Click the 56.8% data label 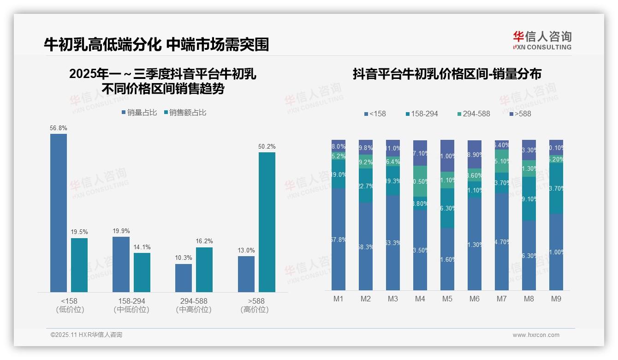[58, 128]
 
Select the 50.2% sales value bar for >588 [267, 222]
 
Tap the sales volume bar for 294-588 [184, 278]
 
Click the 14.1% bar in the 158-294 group [142, 272]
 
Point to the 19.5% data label [79, 232]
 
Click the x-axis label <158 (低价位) [70, 305]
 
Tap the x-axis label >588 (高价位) [254, 305]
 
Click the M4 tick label [420, 299]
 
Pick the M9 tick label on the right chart [556, 299]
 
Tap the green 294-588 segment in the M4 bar [420, 181]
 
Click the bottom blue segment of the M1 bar [339, 239]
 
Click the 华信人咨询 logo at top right [542, 41]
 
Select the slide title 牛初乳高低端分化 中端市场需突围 [156, 44]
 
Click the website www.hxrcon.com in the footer [535, 335]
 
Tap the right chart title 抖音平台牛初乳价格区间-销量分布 [447, 74]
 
